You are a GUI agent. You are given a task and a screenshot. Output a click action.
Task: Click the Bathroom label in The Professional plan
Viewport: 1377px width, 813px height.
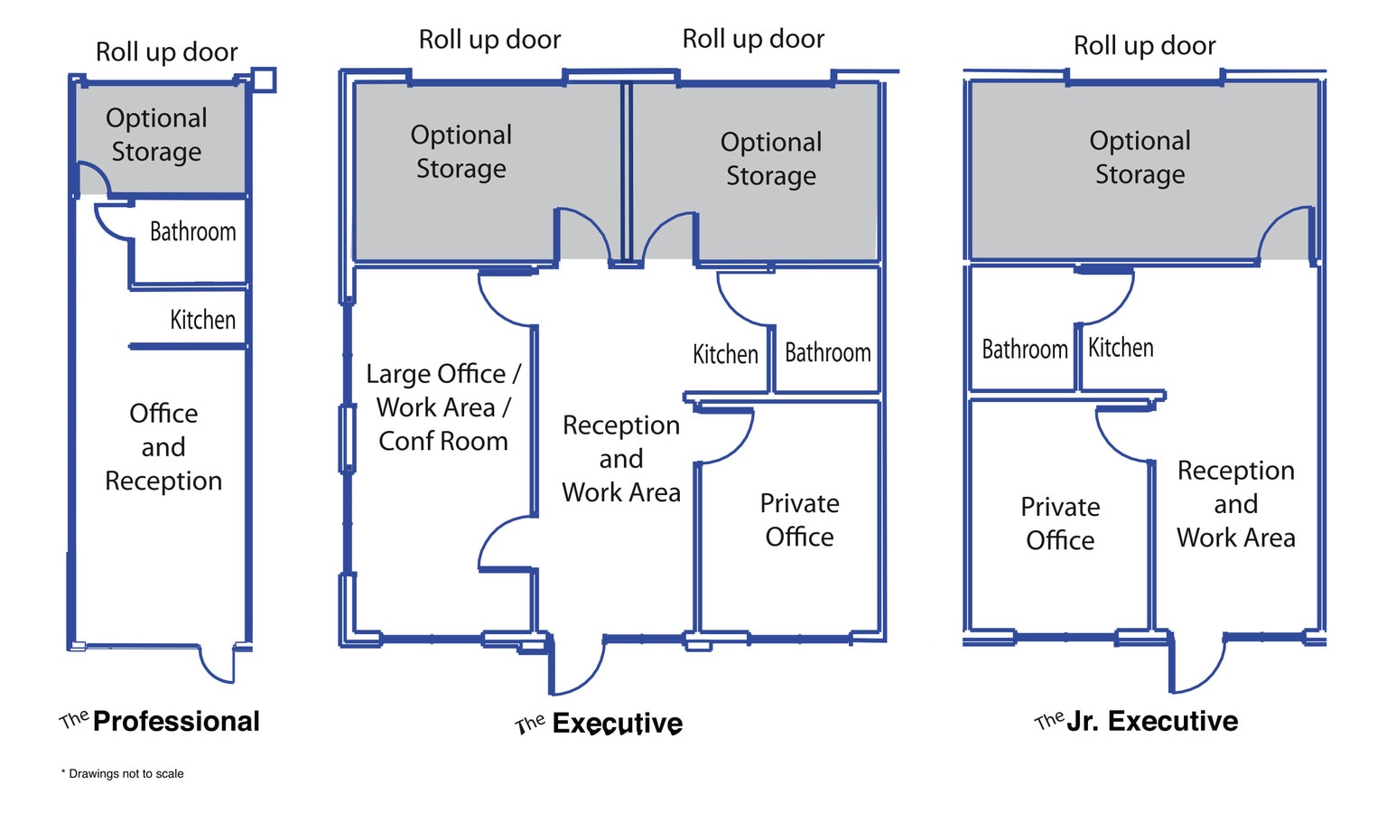click(x=192, y=232)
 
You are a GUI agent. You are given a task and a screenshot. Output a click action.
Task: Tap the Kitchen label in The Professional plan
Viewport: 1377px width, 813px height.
click(x=202, y=320)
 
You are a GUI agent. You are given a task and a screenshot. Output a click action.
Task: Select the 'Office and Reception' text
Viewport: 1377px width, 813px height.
click(x=163, y=447)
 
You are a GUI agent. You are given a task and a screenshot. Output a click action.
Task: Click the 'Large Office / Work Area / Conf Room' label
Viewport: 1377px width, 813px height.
click(x=442, y=407)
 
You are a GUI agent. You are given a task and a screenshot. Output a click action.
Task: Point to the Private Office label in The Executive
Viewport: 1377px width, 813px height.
click(x=799, y=519)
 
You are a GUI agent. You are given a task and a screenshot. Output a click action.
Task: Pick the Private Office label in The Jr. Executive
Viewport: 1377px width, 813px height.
click(x=1060, y=523)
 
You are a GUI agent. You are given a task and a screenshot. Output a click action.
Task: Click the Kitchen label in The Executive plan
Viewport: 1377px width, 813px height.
click(x=725, y=354)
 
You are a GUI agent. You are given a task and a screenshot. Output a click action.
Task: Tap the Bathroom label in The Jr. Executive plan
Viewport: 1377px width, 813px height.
click(x=1024, y=350)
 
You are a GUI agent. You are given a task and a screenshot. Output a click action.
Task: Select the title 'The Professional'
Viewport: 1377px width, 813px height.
click(x=160, y=721)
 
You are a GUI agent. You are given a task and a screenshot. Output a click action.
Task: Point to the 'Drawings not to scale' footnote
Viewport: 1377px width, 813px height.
click(x=123, y=773)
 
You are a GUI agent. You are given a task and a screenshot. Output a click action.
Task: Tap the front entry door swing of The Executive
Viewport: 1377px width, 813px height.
click(x=575, y=667)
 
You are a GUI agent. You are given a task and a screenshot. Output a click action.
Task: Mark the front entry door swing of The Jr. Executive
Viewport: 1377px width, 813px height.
click(x=1197, y=665)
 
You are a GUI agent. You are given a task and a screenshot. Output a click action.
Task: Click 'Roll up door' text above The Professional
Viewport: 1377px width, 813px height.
click(x=167, y=52)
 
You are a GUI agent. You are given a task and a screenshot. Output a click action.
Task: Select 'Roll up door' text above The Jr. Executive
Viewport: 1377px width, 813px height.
click(x=1144, y=45)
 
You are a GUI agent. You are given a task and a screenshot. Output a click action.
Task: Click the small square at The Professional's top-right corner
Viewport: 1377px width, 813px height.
click(x=263, y=79)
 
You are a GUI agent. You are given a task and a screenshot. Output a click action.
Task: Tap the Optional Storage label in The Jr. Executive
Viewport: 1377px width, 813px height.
click(x=1140, y=157)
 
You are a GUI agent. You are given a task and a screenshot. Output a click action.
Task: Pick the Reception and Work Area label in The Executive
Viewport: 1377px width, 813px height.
click(x=621, y=459)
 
